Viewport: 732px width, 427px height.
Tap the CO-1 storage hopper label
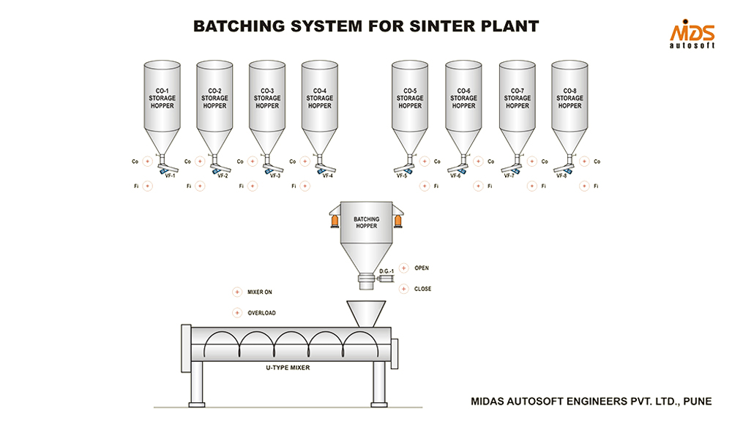click(x=162, y=98)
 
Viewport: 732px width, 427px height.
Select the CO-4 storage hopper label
click(x=319, y=98)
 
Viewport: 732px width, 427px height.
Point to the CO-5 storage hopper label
click(x=410, y=98)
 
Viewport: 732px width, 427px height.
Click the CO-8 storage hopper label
click(x=570, y=98)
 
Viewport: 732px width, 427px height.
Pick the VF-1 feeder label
click(x=171, y=176)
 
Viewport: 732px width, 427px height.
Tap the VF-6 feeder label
click(x=455, y=176)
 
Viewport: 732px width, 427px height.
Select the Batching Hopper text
click(x=366, y=222)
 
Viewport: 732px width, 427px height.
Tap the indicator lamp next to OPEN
click(x=403, y=268)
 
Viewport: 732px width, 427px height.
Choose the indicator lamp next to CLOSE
click(x=403, y=289)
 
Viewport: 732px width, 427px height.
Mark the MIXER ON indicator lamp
click(x=236, y=292)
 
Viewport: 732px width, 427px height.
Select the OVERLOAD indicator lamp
click(x=236, y=313)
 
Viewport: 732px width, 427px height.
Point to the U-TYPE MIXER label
click(x=288, y=368)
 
